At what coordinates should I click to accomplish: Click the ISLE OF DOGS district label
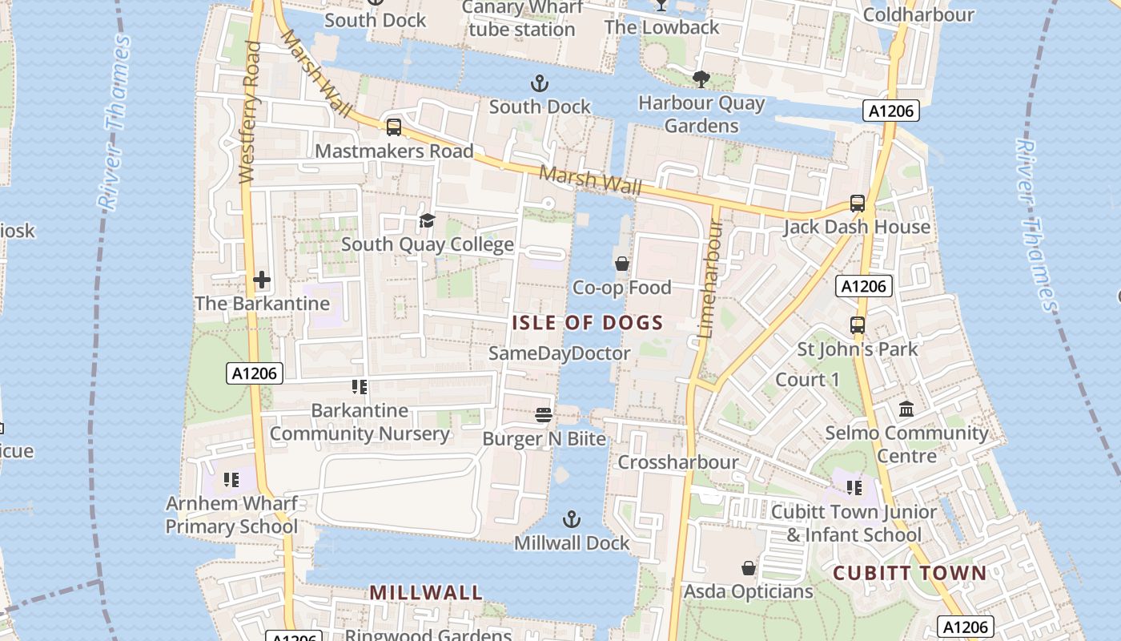tap(588, 323)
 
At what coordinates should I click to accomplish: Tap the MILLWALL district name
tap(426, 593)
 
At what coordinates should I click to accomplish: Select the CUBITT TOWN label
tap(910, 573)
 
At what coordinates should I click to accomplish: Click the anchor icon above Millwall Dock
tap(571, 519)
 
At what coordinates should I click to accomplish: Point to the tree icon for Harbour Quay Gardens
tap(701, 79)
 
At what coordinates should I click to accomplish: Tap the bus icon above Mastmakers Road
tap(393, 127)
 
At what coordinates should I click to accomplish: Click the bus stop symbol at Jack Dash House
tap(858, 204)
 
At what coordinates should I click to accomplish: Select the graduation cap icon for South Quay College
tap(427, 220)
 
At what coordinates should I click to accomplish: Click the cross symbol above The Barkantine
tap(262, 280)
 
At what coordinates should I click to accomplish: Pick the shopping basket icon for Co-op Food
tap(621, 263)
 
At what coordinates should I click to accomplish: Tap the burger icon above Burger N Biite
tap(544, 414)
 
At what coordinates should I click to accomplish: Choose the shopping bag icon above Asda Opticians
tap(748, 568)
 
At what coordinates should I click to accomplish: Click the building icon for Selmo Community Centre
tap(906, 409)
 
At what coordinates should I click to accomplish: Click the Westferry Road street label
tap(251, 112)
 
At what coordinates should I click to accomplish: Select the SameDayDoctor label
tap(559, 353)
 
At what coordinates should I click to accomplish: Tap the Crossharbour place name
tap(677, 462)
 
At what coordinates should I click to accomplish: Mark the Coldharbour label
tap(918, 14)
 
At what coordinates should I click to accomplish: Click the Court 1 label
tap(807, 379)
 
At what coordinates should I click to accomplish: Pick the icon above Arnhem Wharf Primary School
tap(231, 480)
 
